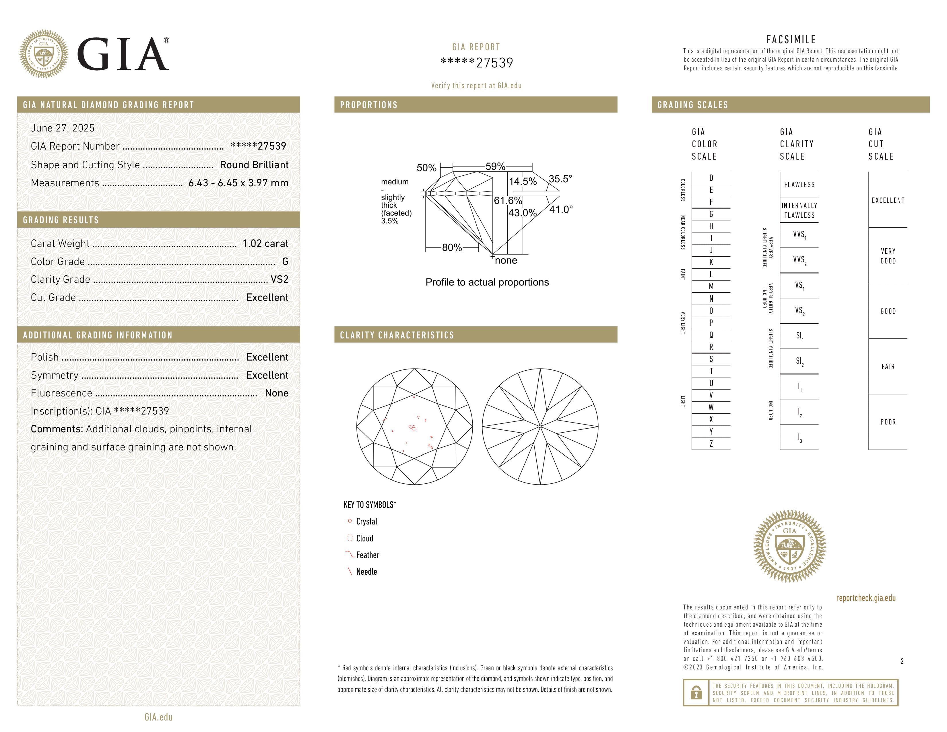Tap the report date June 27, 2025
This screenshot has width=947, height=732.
(63, 128)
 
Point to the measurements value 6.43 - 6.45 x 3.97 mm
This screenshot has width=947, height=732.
(238, 183)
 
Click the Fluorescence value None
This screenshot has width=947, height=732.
(277, 393)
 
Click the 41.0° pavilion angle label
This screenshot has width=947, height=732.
(561, 210)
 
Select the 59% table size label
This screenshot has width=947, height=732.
(495, 166)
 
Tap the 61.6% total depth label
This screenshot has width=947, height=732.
(508, 201)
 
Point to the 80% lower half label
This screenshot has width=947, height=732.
(452, 248)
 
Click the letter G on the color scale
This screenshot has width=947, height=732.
(711, 214)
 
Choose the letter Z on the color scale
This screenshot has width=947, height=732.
(711, 444)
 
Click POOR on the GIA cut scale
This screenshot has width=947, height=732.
(888, 422)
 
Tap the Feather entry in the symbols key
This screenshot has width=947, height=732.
(367, 555)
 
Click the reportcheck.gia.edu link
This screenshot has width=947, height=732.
(866, 598)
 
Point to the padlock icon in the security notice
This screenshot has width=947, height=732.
(696, 693)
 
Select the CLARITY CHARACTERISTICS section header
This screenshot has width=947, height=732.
(397, 335)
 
